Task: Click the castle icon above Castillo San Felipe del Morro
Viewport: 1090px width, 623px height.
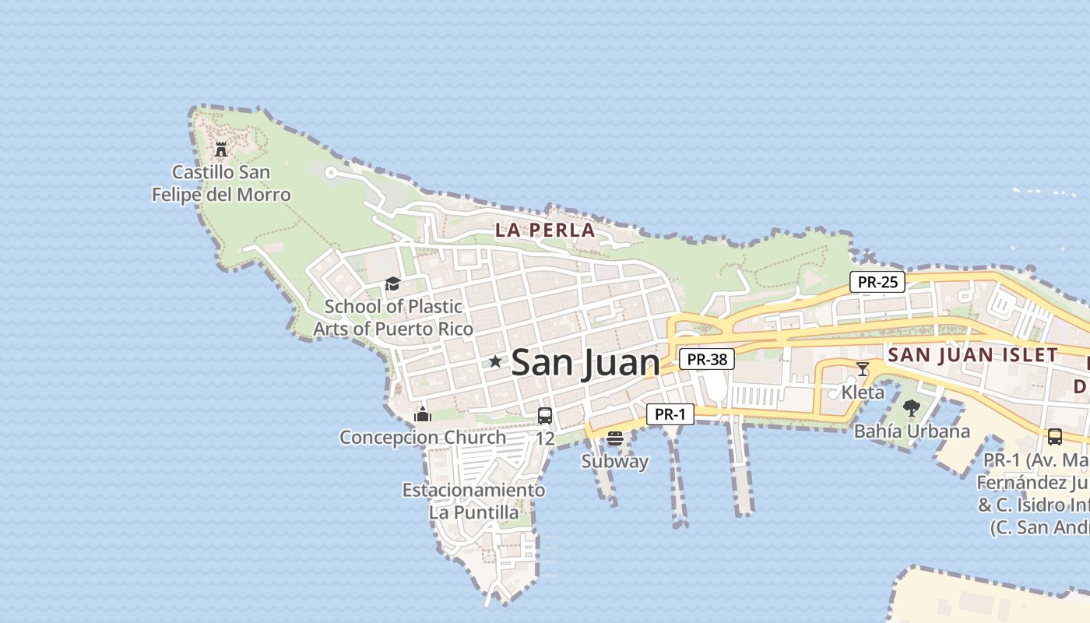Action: (x=221, y=149)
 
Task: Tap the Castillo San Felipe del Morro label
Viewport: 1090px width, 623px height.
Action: (x=221, y=184)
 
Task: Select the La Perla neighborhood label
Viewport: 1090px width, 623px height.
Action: (x=545, y=231)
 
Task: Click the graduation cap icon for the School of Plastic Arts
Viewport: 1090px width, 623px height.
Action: (x=392, y=283)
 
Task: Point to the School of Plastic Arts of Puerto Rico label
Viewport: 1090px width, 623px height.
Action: (x=393, y=318)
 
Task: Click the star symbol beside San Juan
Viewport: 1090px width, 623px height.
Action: (x=495, y=361)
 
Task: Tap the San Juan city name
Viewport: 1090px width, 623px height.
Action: (x=585, y=363)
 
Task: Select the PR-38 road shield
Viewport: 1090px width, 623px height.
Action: (x=707, y=359)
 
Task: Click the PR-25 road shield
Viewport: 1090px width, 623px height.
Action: (x=877, y=282)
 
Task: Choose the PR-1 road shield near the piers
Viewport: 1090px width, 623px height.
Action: (x=670, y=414)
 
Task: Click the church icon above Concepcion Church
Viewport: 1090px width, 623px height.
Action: (x=423, y=414)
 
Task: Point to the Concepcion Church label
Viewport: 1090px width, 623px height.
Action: (x=423, y=437)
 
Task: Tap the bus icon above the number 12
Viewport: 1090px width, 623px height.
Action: (x=545, y=415)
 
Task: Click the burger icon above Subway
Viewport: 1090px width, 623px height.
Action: (x=615, y=438)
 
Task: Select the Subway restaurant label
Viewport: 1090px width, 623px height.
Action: (x=615, y=461)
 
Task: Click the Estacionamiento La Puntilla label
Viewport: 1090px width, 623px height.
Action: (x=473, y=502)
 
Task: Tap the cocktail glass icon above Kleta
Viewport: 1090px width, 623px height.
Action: (x=863, y=368)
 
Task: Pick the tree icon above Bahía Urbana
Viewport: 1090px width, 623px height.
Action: (x=912, y=407)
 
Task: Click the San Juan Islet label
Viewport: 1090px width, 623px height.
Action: (x=973, y=355)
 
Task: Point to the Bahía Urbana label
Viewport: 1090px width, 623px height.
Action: (x=912, y=431)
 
